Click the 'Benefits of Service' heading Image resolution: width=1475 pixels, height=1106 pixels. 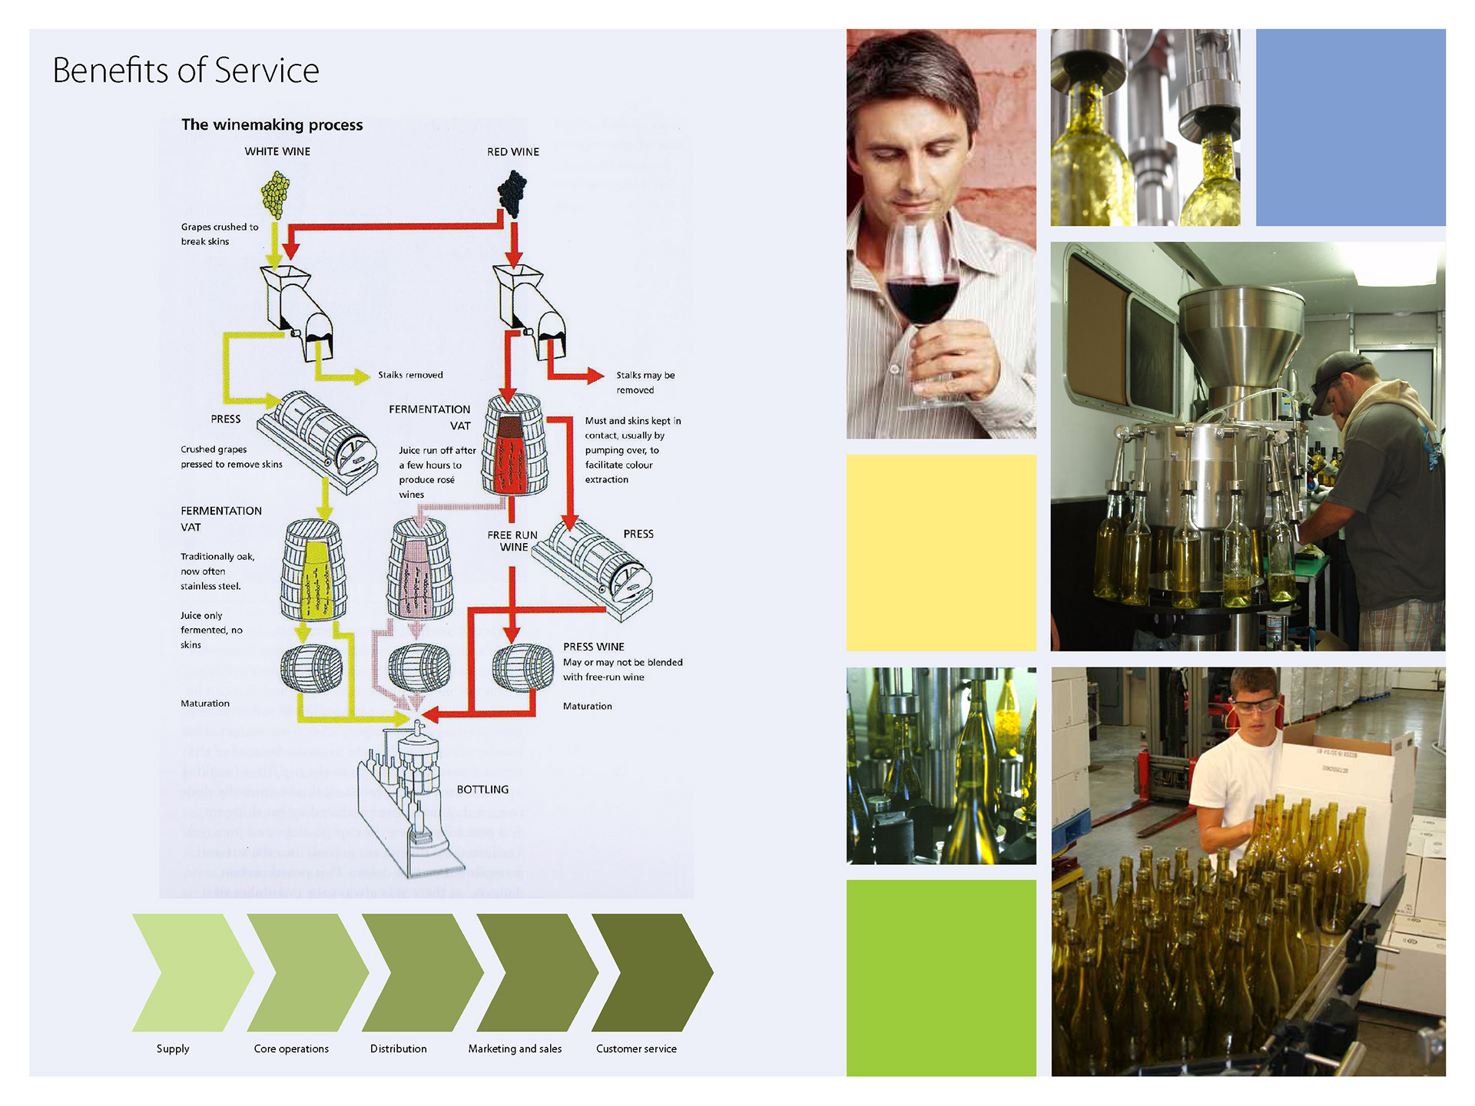(186, 71)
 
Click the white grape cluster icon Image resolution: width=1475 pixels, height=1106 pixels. (275, 194)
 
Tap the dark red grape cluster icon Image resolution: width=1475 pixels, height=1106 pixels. (512, 193)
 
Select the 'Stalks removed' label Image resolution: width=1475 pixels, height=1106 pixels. (410, 375)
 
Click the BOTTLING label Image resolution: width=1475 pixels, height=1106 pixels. (482, 790)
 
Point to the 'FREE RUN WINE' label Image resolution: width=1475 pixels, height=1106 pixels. (512, 541)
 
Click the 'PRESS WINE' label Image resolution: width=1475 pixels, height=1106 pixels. (593, 647)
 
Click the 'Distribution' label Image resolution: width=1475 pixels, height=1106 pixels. (398, 1048)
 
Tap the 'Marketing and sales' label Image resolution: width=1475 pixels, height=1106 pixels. (515, 1048)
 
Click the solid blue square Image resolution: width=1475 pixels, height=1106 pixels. (1351, 127)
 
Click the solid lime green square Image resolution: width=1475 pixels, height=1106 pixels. (941, 978)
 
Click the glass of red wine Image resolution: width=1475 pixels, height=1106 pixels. (922, 288)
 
